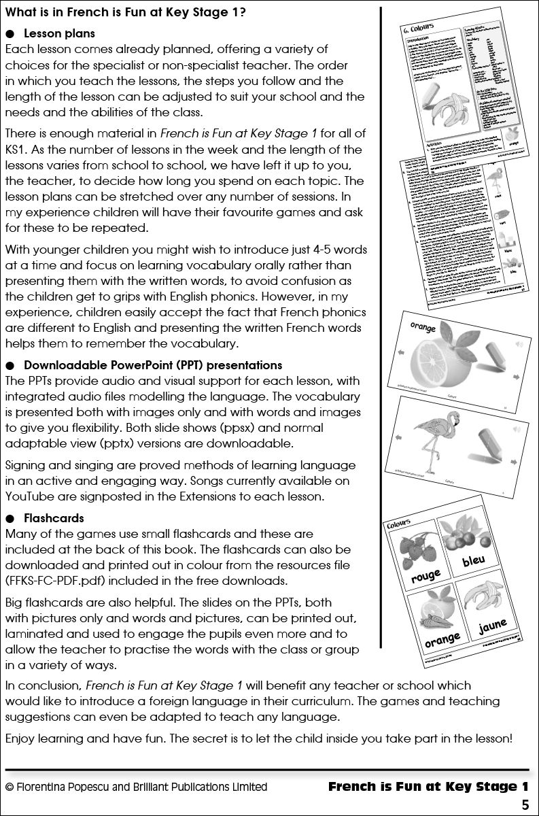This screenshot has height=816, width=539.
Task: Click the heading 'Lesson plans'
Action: (59, 33)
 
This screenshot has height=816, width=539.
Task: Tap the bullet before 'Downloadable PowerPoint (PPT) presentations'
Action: (10, 365)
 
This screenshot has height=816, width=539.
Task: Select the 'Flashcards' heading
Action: (54, 518)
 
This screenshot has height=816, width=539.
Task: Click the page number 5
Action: (525, 805)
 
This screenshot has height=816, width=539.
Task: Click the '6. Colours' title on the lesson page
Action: (420, 30)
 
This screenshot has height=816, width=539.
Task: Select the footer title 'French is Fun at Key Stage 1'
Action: (428, 787)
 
